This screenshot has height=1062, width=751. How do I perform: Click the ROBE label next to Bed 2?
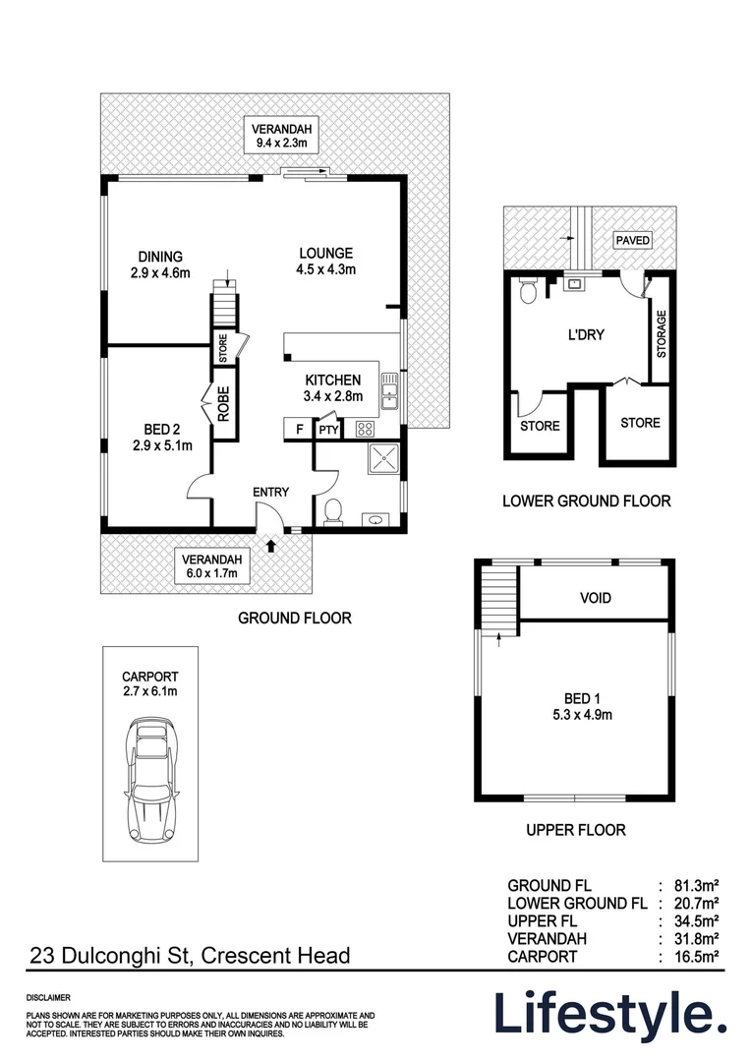coord(223,405)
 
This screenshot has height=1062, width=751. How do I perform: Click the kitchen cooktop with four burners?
coord(365,428)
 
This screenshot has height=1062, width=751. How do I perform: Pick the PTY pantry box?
coord(326,429)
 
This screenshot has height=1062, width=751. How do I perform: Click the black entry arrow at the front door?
coord(271,543)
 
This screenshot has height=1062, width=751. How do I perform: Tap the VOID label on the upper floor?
coord(595,598)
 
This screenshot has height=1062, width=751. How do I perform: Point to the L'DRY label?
coord(586,334)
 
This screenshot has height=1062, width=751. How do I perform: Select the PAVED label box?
coord(632,240)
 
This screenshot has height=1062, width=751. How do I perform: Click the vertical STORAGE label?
coord(662,333)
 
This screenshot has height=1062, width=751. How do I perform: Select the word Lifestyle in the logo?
coord(609,1013)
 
